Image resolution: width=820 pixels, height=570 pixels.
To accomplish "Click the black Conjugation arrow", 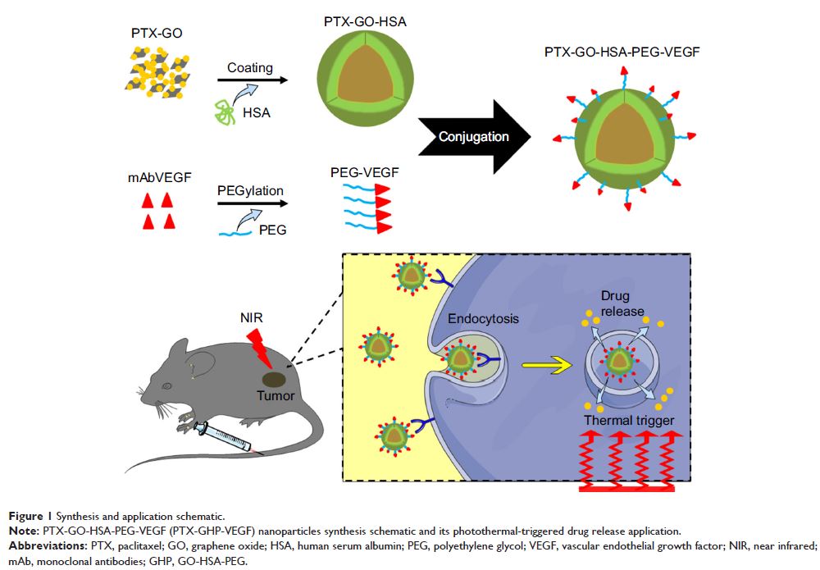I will click(x=471, y=137).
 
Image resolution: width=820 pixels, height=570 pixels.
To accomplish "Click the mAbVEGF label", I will click(x=153, y=175).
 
